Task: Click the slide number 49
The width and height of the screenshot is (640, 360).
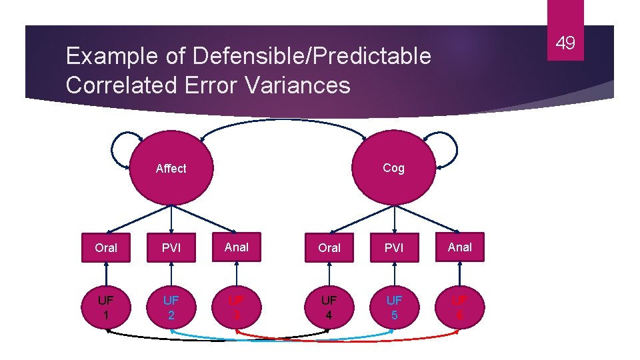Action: coord(565,44)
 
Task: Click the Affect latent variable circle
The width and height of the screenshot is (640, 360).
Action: coord(171,169)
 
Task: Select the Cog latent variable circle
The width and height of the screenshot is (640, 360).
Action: coord(393,168)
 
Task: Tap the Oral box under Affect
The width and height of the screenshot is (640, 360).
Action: coord(106,248)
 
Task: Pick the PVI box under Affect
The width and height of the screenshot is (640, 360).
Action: coord(171,248)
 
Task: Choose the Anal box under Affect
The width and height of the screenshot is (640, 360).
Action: coord(237,247)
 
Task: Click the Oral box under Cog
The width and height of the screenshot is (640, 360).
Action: coord(329,248)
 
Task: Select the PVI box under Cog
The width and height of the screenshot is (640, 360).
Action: coord(394,248)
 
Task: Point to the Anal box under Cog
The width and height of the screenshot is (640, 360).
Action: coord(460,247)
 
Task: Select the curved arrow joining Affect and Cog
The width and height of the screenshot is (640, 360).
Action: coord(283,120)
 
